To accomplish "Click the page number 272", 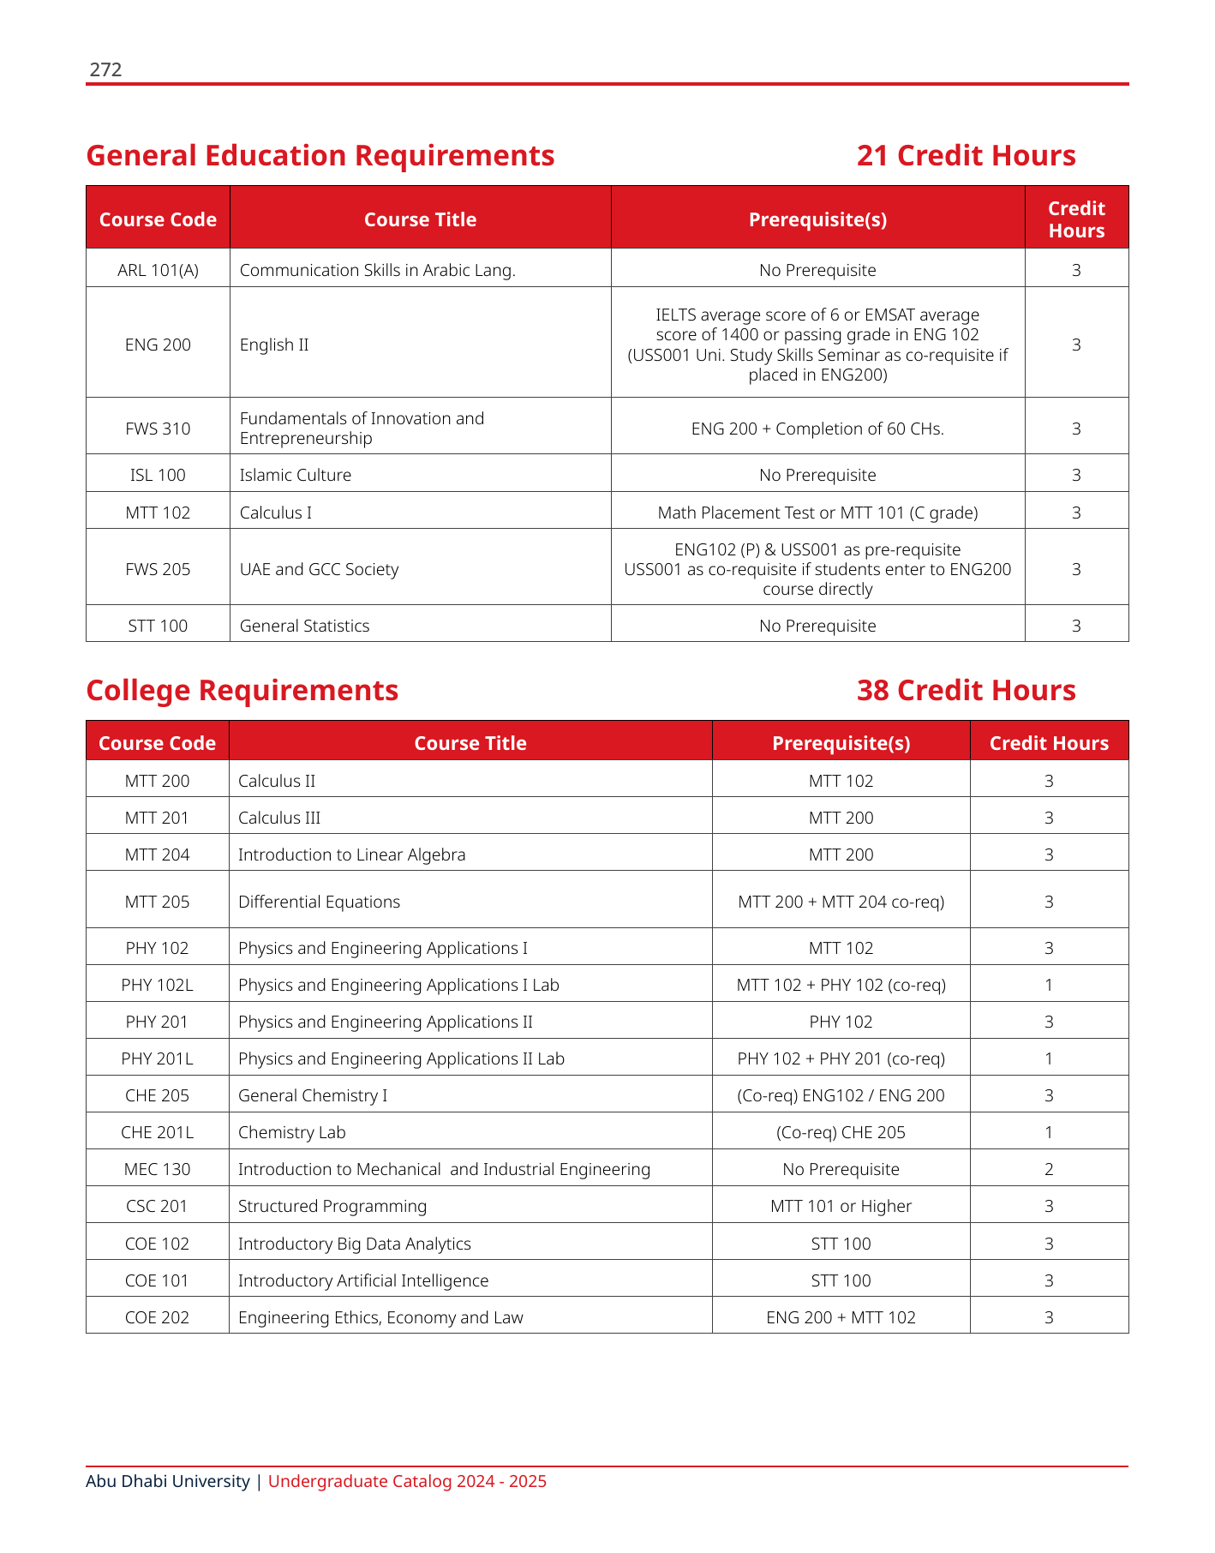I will point(105,69).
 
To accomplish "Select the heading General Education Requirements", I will point(320,155).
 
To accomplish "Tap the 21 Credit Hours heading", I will point(966,155).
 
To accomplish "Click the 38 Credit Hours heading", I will point(966,690).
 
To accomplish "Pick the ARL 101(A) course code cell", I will point(158,270).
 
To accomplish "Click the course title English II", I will point(274,345).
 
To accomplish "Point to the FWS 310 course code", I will point(158,429).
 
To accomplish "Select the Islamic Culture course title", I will point(296,475).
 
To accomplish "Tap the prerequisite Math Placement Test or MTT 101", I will point(817,513).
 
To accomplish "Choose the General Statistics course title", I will point(305,626).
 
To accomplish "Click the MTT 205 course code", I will point(158,902).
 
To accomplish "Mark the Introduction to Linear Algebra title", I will point(352,854).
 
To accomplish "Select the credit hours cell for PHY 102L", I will point(1049,985).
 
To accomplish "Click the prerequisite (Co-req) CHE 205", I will point(841,1132).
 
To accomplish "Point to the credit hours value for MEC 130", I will point(1049,1169).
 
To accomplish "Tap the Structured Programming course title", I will point(332,1206).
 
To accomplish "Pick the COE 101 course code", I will point(158,1280).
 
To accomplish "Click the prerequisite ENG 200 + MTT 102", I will point(841,1317).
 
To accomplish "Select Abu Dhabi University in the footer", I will point(168,1481).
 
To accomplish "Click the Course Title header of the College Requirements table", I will point(470,743).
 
